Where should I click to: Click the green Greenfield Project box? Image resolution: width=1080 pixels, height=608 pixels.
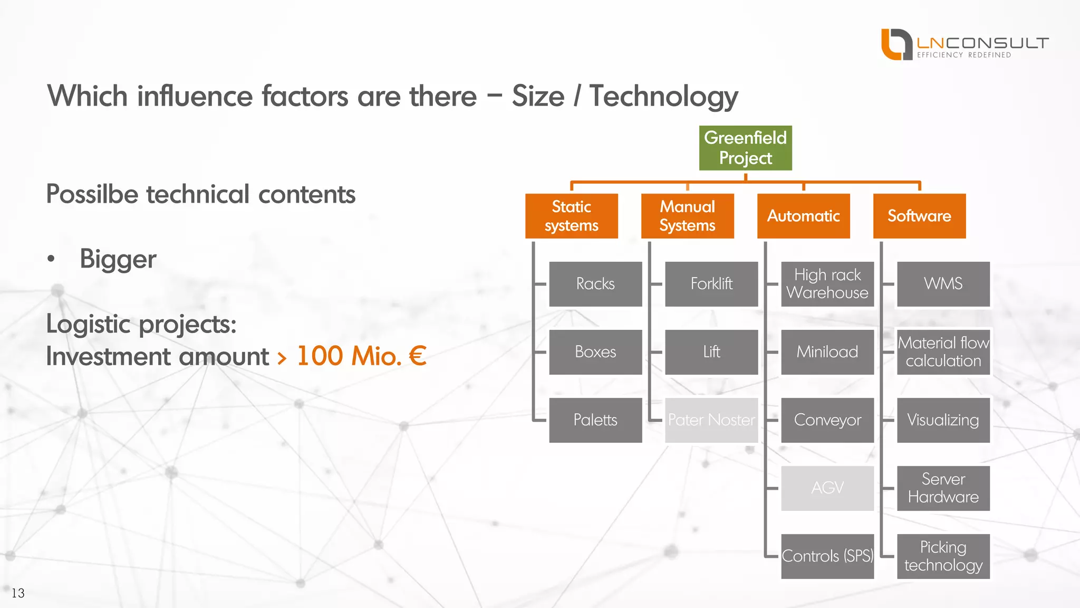click(745, 148)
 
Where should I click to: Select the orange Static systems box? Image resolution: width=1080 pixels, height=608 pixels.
click(571, 216)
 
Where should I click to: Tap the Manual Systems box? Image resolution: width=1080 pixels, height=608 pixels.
click(687, 216)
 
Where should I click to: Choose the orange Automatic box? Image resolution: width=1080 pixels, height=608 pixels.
click(803, 216)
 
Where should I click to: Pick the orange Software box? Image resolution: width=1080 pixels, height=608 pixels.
click(919, 216)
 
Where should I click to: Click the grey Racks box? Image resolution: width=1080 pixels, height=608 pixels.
click(595, 284)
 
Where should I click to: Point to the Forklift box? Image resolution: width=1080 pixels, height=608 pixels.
click(711, 284)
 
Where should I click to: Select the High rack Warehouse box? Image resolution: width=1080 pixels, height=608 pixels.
click(827, 284)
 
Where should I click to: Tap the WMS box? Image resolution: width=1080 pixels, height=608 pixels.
click(943, 284)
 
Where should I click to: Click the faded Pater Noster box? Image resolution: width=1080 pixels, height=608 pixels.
click(711, 420)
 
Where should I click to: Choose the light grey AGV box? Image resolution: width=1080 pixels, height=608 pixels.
click(827, 488)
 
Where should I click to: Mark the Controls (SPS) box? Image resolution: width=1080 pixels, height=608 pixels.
click(827, 556)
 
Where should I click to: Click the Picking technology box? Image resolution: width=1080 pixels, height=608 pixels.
click(943, 556)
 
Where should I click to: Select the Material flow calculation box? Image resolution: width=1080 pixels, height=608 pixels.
click(943, 352)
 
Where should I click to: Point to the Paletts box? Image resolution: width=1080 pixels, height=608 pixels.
click(595, 420)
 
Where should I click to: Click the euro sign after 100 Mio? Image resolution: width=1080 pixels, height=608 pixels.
click(418, 356)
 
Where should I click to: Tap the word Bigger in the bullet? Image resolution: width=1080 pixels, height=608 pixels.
click(118, 259)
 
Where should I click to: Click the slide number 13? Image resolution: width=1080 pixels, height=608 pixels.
click(18, 593)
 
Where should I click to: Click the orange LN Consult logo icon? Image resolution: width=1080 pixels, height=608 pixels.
click(896, 44)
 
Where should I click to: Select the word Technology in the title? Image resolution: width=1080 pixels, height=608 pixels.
click(663, 97)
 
